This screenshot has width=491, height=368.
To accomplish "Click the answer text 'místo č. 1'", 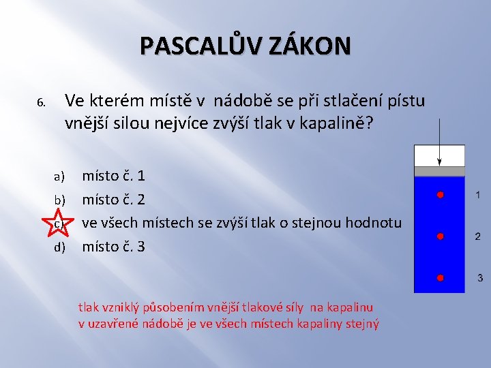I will click(x=113, y=177).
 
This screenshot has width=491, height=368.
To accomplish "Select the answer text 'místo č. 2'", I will click(x=113, y=200).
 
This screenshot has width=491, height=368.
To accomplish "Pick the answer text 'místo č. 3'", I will click(x=113, y=246).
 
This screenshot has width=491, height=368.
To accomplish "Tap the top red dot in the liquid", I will click(x=440, y=196).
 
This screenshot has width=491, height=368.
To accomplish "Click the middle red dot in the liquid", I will click(x=440, y=236).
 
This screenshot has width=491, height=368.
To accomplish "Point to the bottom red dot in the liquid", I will click(x=440, y=278).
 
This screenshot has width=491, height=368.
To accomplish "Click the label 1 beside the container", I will click(x=478, y=196).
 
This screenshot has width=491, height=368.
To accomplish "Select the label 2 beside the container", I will click(x=478, y=236).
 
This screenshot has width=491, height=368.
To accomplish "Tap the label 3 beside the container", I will click(x=480, y=278).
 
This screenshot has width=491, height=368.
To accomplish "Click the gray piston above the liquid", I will click(x=440, y=172).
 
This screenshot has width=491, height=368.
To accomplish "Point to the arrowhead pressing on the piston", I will click(x=440, y=163).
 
